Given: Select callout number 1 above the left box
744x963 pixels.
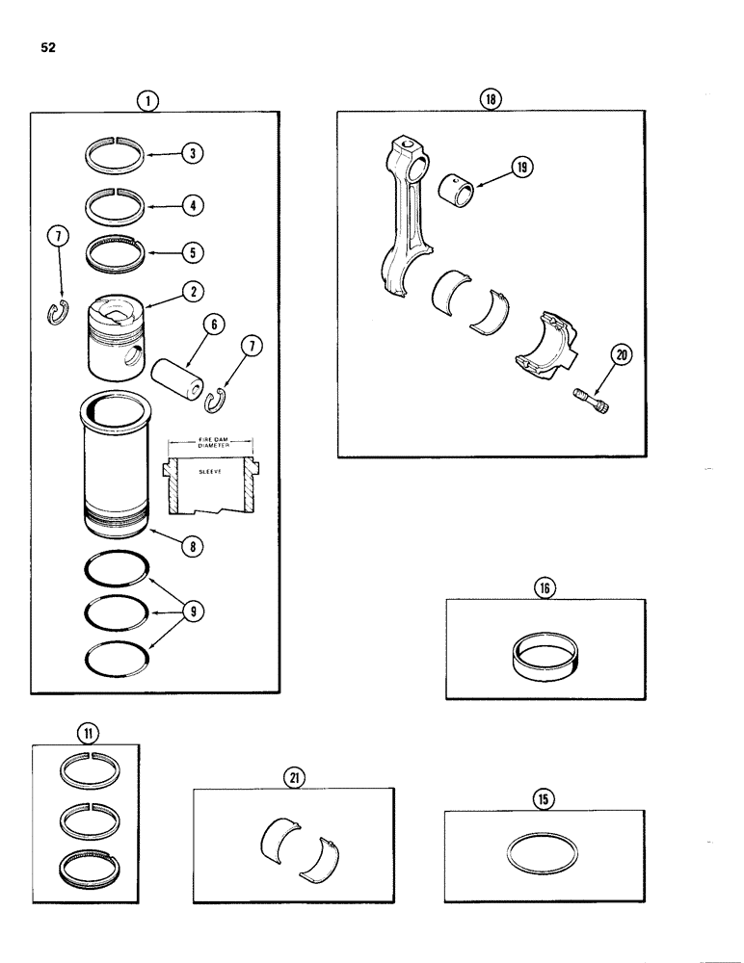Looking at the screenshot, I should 146,99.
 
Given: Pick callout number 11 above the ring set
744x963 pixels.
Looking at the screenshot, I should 88,734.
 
